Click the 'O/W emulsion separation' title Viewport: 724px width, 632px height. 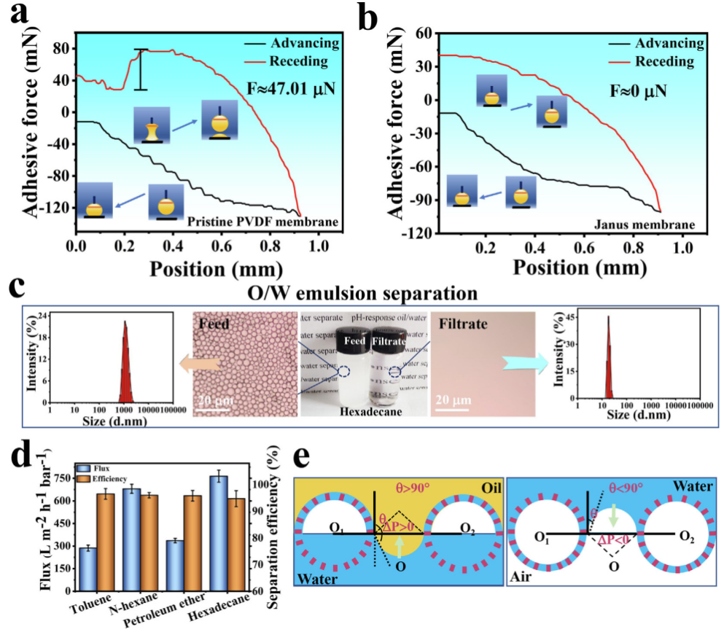click(x=362, y=294)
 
